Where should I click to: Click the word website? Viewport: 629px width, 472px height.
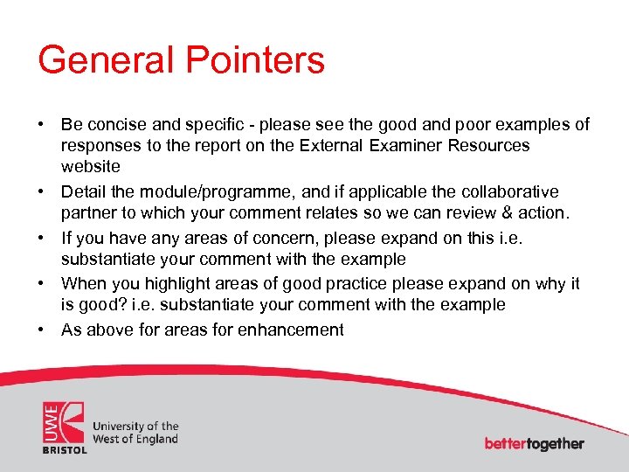(90, 166)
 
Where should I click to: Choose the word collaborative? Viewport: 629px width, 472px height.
(509, 191)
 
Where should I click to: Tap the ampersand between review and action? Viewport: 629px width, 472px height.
(514, 212)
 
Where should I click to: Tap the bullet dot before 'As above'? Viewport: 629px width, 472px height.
(42, 330)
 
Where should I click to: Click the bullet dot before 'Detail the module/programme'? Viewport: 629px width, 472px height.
(42, 191)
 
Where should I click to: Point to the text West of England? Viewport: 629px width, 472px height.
(135, 439)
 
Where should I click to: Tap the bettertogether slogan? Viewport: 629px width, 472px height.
(534, 443)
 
